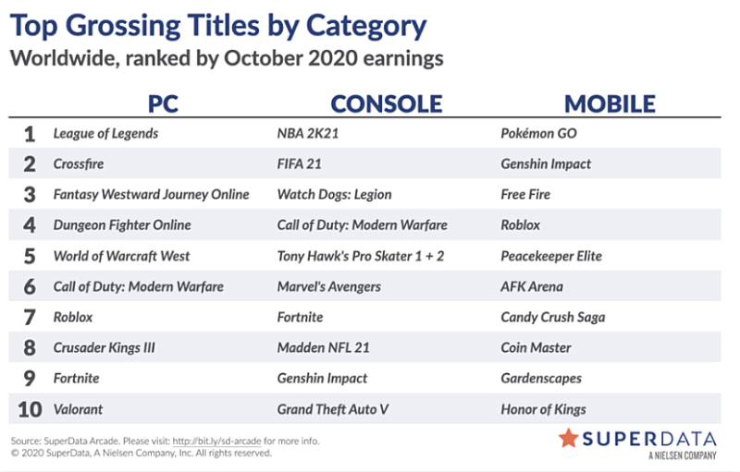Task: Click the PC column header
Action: point(164,103)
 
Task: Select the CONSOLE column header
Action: point(387,103)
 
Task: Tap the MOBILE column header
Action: point(610,103)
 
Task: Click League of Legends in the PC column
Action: point(105,134)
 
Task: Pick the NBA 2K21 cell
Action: point(308,133)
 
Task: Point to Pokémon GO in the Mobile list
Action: point(538,133)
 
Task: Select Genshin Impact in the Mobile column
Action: point(546,163)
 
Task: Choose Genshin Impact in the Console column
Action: point(322,379)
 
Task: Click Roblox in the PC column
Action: point(73,317)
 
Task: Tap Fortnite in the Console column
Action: point(300,317)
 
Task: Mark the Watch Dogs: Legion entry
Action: point(334,195)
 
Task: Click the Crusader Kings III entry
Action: point(104,348)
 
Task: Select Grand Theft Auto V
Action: point(333,409)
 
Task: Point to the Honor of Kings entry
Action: point(543,409)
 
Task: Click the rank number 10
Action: point(30,409)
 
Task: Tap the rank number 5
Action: point(30,256)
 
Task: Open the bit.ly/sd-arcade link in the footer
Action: point(216,442)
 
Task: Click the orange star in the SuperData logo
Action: point(568,438)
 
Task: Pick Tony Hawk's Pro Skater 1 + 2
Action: point(361,256)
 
